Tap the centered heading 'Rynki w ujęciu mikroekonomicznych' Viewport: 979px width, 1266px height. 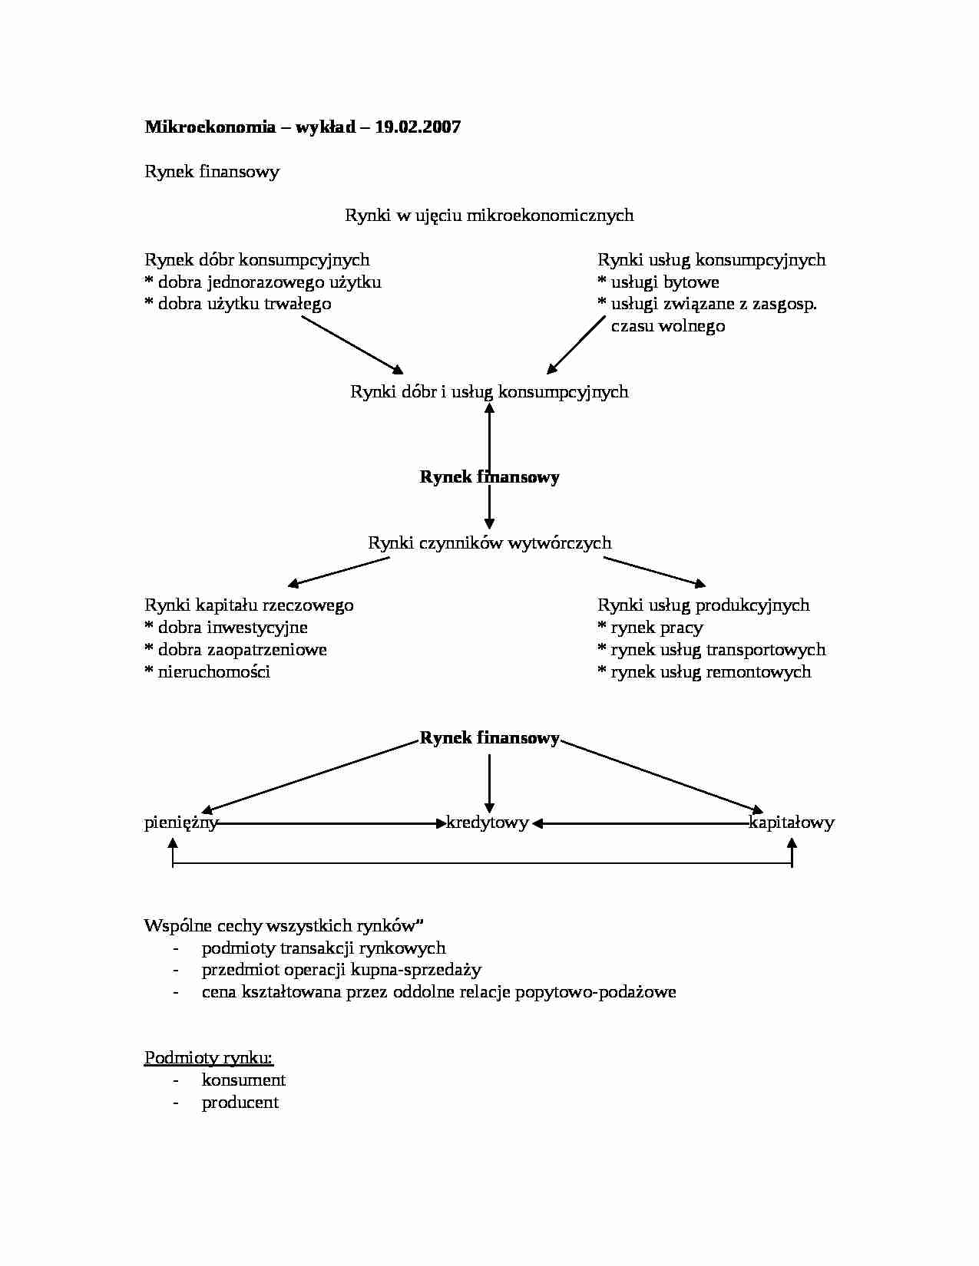(x=489, y=215)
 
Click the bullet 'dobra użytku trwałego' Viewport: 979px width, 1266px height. (x=244, y=304)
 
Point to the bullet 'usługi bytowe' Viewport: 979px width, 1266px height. (x=664, y=282)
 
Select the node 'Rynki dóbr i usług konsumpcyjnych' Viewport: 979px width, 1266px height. (x=489, y=392)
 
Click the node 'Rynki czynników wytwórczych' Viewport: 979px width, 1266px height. (x=489, y=543)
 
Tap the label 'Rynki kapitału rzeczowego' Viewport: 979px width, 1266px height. (x=249, y=605)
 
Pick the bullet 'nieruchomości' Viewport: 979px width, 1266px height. (x=213, y=672)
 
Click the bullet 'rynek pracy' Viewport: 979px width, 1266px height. (x=657, y=628)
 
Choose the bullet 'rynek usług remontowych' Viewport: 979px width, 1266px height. (x=710, y=672)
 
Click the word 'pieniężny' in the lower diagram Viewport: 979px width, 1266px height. (x=181, y=823)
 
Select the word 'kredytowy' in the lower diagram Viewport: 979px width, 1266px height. (x=488, y=823)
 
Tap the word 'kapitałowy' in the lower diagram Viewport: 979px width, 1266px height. (x=792, y=823)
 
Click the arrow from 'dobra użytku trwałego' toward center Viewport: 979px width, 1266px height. (x=352, y=344)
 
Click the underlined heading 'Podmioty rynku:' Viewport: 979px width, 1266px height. (x=209, y=1058)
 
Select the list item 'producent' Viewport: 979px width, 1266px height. (x=240, y=1103)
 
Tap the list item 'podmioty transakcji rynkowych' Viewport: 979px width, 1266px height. (x=323, y=948)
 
